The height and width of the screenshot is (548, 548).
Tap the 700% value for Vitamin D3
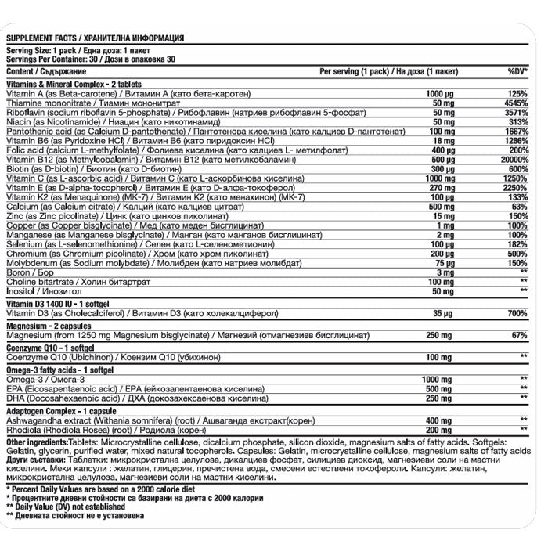(517, 313)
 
